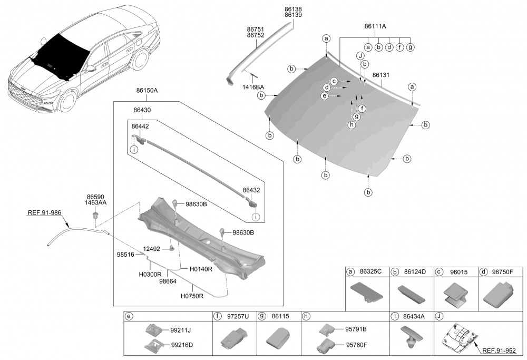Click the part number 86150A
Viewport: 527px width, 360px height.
[x=147, y=91]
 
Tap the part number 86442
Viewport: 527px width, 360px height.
[x=141, y=127]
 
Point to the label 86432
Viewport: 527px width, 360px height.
[x=251, y=190]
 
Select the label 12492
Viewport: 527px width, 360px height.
[x=152, y=249]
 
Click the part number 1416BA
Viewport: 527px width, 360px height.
[x=253, y=86]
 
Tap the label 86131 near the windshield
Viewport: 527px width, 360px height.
[x=380, y=75]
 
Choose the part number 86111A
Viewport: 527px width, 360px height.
[x=376, y=25]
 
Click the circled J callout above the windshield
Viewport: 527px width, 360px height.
[x=360, y=55]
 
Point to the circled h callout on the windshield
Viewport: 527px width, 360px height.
[x=352, y=125]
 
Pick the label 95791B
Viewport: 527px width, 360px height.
[x=356, y=329]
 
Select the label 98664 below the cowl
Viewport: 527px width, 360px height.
[x=168, y=281]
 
